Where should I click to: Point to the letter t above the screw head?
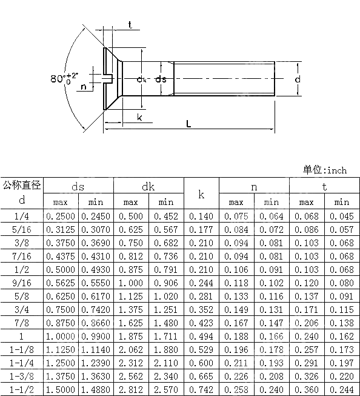tap(130, 25)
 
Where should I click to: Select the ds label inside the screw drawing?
tap(161, 79)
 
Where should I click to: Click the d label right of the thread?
tap(298, 79)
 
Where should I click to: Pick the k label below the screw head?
tap(139, 117)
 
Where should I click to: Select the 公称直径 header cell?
tap(22, 185)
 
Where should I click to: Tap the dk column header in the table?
tap(148, 187)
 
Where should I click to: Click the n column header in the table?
tap(254, 187)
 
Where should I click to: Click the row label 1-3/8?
tap(22, 377)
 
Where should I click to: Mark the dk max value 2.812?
tap(131, 390)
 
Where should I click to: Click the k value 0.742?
tap(201, 390)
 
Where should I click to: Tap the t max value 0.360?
tap(307, 390)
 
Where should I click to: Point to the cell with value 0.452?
tap(165, 215)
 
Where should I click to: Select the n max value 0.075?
tap(236, 215)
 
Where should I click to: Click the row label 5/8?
tap(22, 296)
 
